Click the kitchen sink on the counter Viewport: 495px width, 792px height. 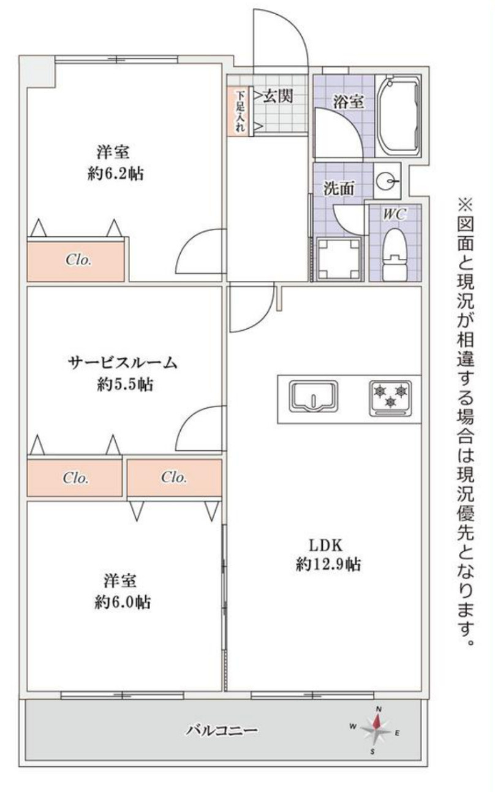[313, 396]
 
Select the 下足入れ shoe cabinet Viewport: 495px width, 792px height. [240, 111]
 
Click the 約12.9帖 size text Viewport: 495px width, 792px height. [328, 565]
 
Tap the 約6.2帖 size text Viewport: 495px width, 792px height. [116, 174]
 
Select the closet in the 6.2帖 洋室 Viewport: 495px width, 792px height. [77, 260]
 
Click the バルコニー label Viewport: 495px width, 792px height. [222, 730]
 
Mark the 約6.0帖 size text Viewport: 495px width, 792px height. [123, 602]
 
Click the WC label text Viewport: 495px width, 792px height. [393, 214]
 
